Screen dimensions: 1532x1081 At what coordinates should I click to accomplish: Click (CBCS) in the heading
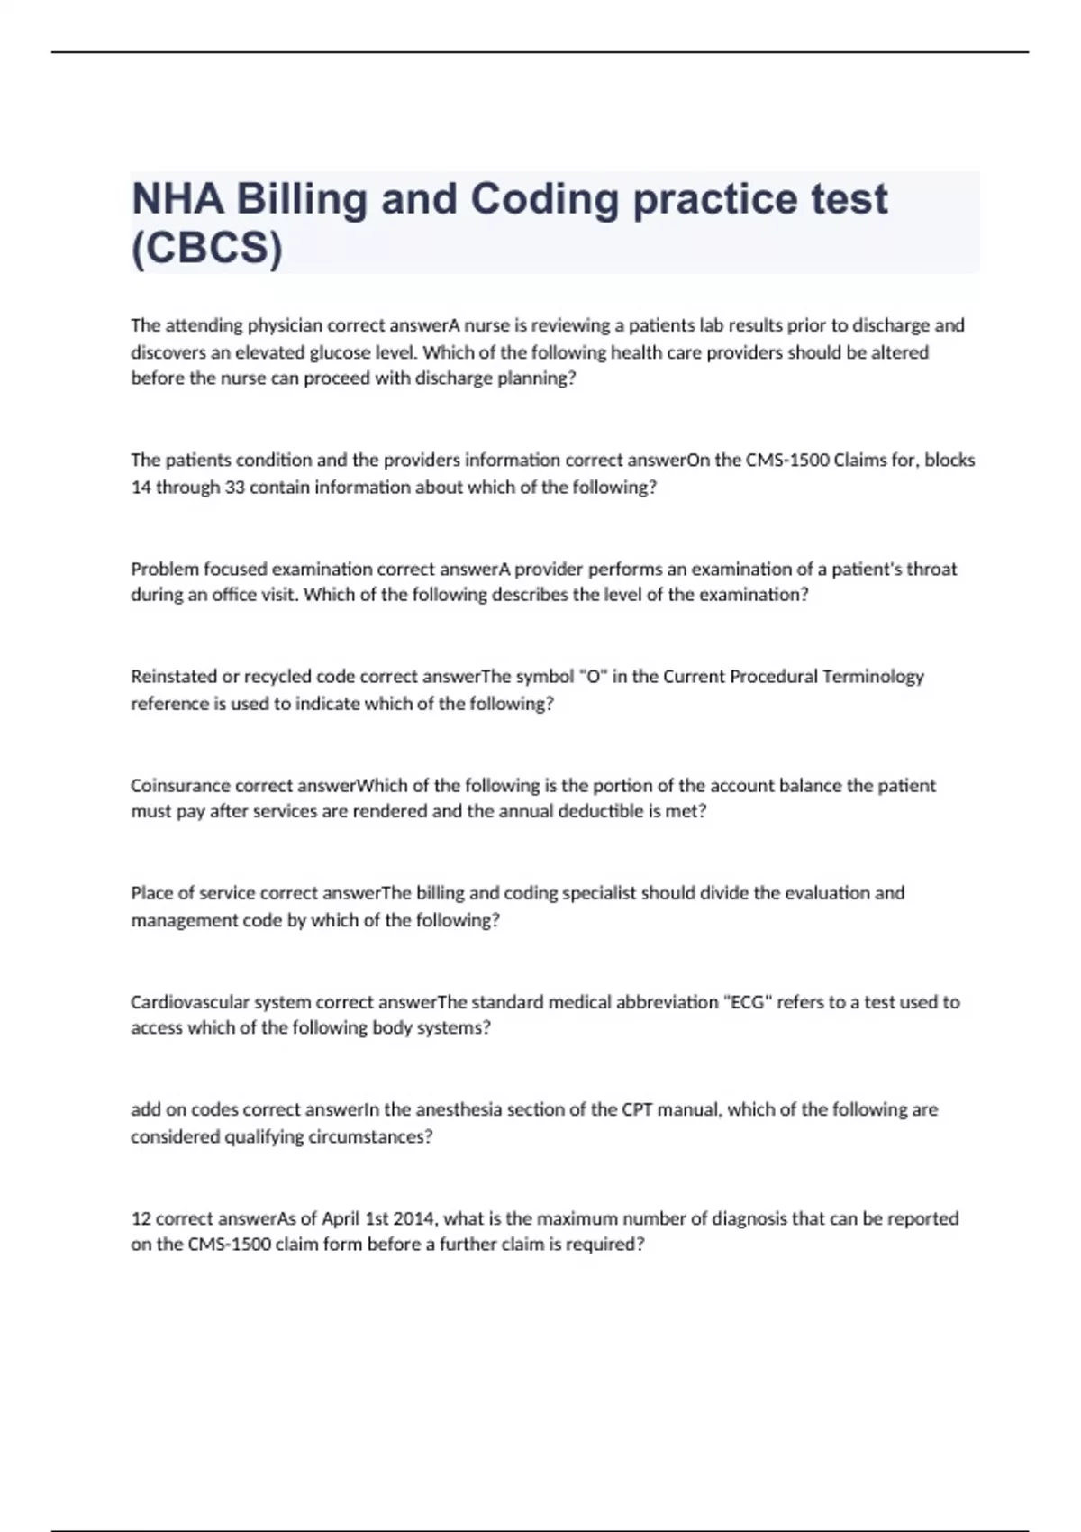coord(207,248)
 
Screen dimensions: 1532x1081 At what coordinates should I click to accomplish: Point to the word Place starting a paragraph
coord(151,893)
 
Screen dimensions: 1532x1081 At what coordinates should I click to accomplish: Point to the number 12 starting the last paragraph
coord(141,1218)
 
